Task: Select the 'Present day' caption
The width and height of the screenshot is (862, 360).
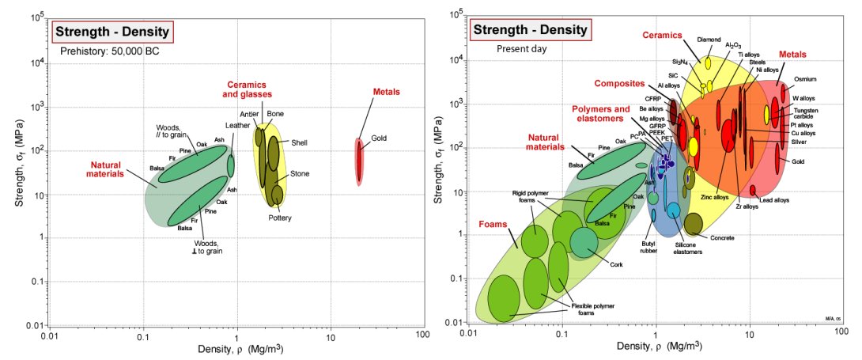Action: (x=523, y=48)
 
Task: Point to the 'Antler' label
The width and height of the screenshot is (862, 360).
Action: (x=249, y=115)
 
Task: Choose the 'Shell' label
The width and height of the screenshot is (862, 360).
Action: (x=299, y=142)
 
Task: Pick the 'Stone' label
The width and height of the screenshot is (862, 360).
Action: (x=300, y=173)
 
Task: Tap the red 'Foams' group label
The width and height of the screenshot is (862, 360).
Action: (x=493, y=224)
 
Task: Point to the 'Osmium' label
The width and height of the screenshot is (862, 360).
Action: (x=805, y=79)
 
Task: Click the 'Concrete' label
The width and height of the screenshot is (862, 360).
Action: (x=722, y=237)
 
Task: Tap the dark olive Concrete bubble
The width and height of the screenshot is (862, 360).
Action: (x=694, y=225)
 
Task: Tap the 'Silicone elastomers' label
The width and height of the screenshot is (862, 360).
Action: (x=682, y=252)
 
